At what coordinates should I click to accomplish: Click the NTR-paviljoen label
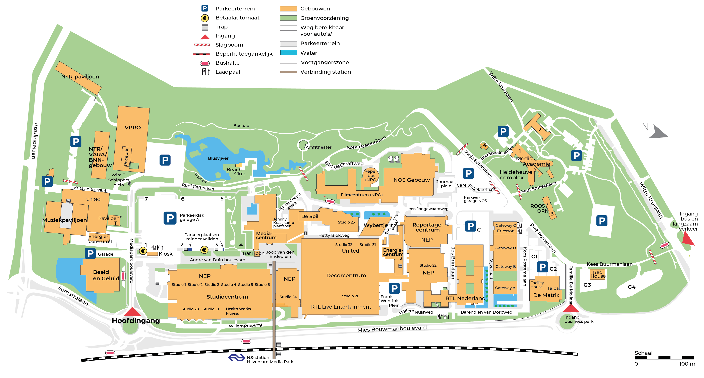point(80,76)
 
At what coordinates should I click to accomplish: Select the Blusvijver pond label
point(218,158)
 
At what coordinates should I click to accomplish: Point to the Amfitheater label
point(318,147)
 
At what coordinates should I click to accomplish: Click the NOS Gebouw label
point(412,180)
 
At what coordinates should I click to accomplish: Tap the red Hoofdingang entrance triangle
point(132,312)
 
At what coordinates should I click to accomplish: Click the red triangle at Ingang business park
point(571,308)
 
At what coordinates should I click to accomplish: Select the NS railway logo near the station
point(236,358)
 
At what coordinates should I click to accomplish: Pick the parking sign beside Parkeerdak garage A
point(170,218)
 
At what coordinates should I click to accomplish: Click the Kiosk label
point(166,254)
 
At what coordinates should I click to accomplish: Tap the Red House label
point(598,274)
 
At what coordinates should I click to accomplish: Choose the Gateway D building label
point(506,248)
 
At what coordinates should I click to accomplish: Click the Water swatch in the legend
point(289,53)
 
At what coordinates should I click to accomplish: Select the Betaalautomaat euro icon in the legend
point(205,18)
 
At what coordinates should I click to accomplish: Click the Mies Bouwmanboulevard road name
point(392,328)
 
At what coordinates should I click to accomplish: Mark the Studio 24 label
point(288,297)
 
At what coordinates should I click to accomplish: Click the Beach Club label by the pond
point(236,172)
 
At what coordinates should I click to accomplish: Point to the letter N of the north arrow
point(645,127)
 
